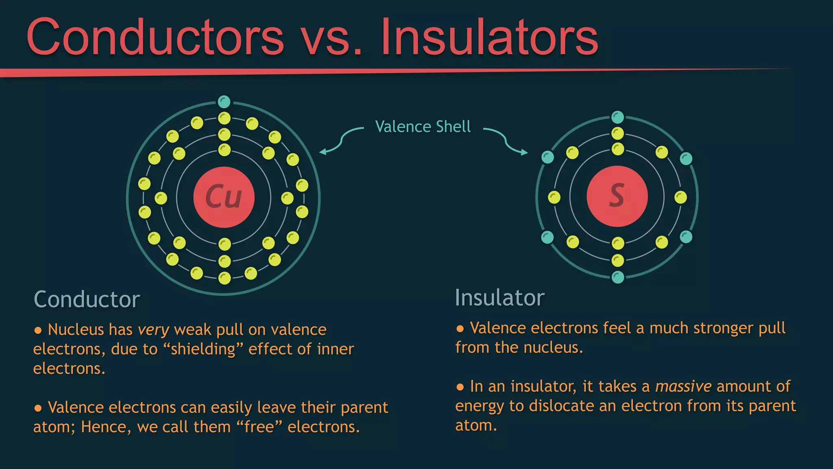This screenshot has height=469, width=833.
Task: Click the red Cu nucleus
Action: [x=224, y=197]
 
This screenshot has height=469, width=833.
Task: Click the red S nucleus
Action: [x=617, y=196]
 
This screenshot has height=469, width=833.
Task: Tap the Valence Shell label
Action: [x=423, y=127]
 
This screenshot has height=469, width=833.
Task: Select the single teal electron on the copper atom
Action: [x=224, y=101]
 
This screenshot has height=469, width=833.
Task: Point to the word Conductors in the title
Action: [x=155, y=37]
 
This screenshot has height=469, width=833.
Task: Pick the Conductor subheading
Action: [x=87, y=299]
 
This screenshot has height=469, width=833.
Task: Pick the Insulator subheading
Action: [x=499, y=298]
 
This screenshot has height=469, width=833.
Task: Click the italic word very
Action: [x=153, y=330]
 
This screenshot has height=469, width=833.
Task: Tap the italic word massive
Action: [x=683, y=386]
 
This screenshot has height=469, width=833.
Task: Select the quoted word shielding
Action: [x=203, y=349]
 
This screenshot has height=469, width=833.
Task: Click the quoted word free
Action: [x=259, y=427]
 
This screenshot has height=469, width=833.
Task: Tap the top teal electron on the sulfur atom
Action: [x=617, y=117]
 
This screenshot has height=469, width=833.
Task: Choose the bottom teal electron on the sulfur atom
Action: [x=617, y=277]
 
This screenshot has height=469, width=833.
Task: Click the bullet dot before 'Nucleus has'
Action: [x=38, y=330]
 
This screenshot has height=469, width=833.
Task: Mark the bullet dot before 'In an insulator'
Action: [x=460, y=387]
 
